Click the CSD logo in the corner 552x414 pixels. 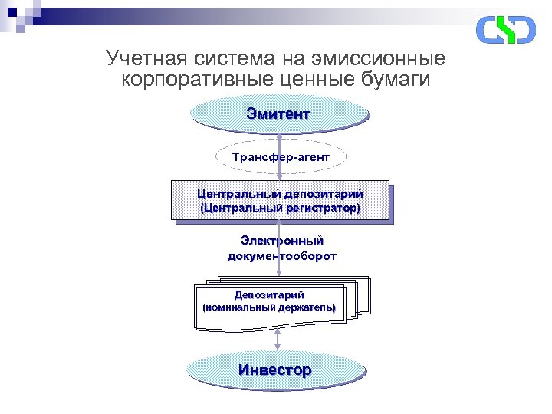pos(505,29)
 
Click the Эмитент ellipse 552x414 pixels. pos(279,115)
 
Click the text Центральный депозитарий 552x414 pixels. pos(280,194)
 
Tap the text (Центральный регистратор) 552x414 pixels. pos(280,208)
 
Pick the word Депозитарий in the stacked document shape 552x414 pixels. pos(269,294)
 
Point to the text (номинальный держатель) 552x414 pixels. pos(269,307)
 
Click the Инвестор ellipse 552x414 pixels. pos(275,370)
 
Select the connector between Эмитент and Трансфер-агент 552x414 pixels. pos(280,136)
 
